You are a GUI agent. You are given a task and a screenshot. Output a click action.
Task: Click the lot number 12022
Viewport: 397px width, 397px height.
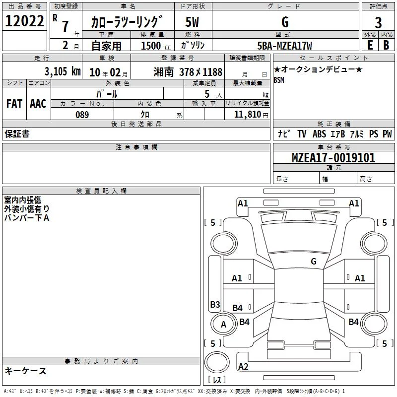click(24, 21)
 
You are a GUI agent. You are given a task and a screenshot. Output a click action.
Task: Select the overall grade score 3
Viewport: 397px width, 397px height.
click(378, 23)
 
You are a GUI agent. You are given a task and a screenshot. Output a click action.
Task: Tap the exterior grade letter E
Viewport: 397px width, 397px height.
click(370, 45)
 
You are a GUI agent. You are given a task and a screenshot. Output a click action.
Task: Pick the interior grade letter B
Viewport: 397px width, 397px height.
click(386, 45)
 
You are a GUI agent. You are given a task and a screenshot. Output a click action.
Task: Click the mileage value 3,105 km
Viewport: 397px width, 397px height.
click(63, 71)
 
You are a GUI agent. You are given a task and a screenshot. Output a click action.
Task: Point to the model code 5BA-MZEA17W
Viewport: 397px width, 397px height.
click(284, 46)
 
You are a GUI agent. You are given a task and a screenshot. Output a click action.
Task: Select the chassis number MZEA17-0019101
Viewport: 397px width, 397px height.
click(333, 158)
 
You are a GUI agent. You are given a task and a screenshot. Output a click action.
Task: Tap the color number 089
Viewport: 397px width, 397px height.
click(82, 115)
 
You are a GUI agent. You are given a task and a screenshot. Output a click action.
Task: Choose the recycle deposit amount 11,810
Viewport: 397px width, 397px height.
click(248, 115)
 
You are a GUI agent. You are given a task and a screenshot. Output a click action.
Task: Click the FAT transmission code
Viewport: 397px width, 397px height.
click(14, 104)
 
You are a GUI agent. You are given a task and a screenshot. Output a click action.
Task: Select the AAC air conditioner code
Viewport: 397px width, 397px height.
click(38, 104)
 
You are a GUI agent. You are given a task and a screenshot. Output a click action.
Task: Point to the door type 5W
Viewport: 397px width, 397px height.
click(192, 22)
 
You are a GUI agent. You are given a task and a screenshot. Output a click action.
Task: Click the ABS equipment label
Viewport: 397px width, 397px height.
click(319, 134)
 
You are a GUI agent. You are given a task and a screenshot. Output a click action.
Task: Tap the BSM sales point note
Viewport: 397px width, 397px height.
click(279, 80)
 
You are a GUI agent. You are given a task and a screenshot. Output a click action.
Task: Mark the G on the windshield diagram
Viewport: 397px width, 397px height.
click(314, 262)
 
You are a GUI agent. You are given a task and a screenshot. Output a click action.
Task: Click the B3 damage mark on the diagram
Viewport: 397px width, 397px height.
click(215, 304)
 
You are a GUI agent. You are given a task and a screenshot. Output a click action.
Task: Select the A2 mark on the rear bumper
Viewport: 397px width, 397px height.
click(243, 366)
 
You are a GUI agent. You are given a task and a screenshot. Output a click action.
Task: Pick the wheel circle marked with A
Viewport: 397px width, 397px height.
click(223, 325)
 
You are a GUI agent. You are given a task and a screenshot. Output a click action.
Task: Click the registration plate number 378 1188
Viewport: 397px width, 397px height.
click(200, 72)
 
